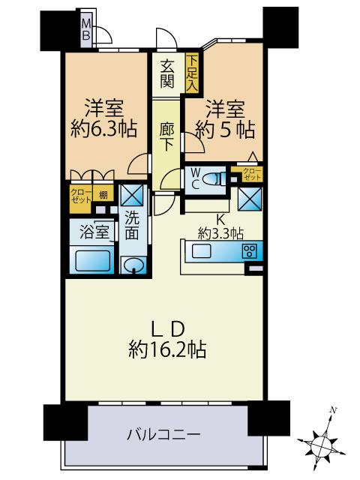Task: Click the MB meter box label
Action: click(86, 29)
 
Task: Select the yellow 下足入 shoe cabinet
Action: click(192, 73)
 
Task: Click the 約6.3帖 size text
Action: click(103, 129)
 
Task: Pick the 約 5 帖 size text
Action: click(225, 130)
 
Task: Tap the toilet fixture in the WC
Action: click(215, 178)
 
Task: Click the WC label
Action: click(195, 178)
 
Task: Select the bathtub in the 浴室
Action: click(92, 260)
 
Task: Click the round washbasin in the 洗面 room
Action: click(133, 265)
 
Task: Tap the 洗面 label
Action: click(132, 226)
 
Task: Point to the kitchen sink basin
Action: click(202, 252)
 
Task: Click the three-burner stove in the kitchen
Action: click(250, 251)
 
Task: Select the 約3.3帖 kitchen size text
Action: click(220, 233)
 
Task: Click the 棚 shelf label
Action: click(103, 194)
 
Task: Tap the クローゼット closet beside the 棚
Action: click(80, 199)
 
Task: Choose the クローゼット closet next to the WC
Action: click(252, 174)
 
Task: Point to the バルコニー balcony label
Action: click(163, 435)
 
